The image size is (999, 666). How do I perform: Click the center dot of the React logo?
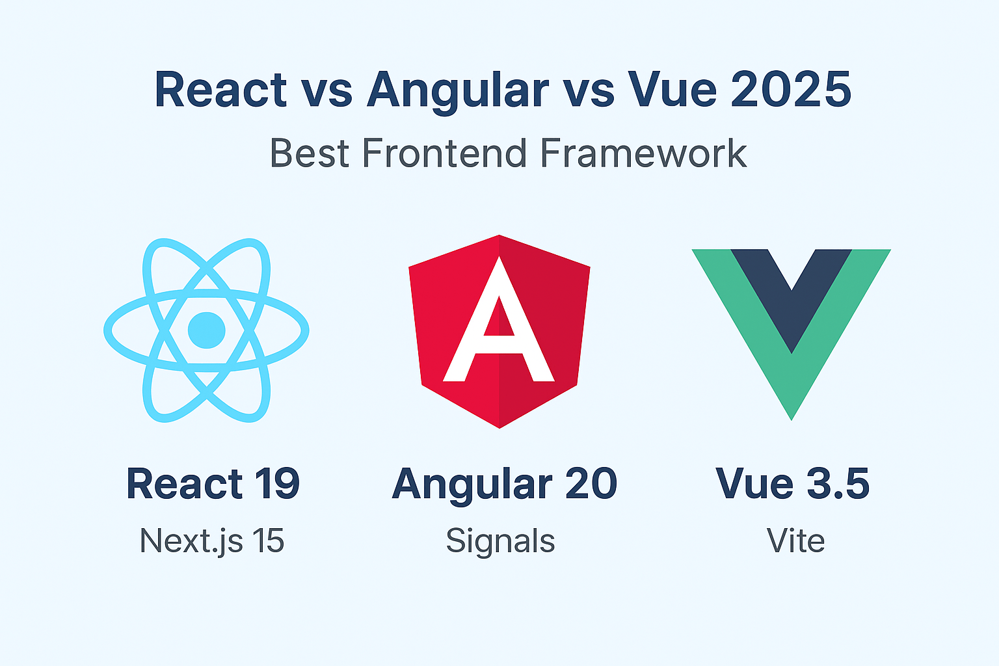pos(207,330)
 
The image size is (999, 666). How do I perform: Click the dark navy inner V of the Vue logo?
pos(792,293)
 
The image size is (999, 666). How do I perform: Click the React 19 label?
pos(213,484)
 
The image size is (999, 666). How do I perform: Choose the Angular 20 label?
pos(505,484)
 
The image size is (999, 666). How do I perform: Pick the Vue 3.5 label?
pos(792,484)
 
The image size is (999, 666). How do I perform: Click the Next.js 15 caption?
pos(212,540)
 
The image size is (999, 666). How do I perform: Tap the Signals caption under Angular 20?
pos(500,541)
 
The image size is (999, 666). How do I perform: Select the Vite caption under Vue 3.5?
pos(795,540)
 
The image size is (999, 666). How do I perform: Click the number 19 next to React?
pos(277,484)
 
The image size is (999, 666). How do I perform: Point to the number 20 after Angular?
pos(591,484)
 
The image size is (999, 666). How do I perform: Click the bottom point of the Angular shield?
pos(499,426)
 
